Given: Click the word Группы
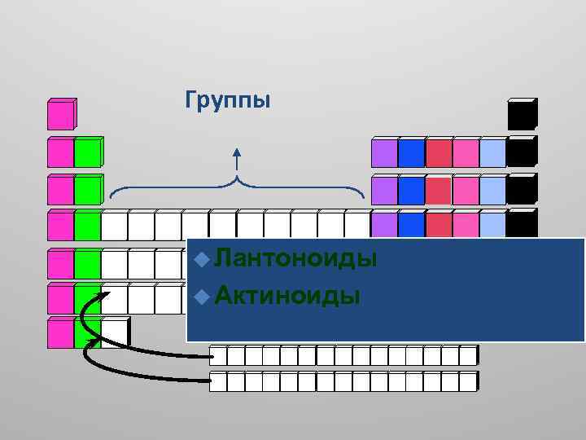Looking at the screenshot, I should point(227,101).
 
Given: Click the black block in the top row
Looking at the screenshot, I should point(521,116).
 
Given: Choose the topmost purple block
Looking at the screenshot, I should point(384,153).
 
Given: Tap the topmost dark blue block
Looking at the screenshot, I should point(411,153).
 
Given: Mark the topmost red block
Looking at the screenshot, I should point(438,153).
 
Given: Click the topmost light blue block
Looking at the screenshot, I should point(492,153).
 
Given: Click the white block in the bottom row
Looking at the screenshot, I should point(114,332).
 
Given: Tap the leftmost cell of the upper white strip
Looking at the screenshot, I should point(217,356).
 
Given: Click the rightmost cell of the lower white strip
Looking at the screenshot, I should point(467,381).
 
